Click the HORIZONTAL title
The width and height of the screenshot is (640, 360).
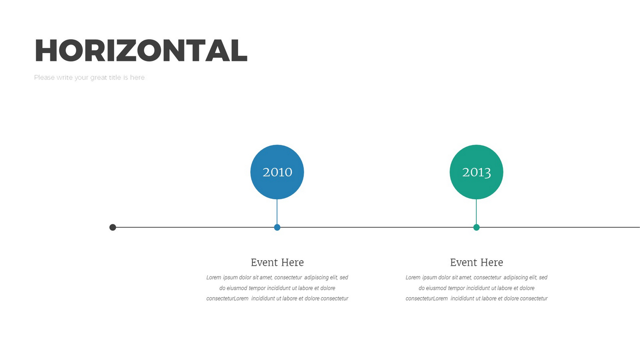click(x=141, y=50)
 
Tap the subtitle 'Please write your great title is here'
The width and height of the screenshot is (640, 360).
click(x=89, y=78)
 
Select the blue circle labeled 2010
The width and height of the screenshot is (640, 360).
click(x=277, y=172)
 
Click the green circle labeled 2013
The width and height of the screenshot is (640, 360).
click(x=476, y=172)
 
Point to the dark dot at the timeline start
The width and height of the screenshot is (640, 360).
click(x=113, y=227)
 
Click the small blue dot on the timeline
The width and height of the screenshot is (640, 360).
click(x=277, y=227)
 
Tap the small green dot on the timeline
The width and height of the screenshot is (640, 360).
click(x=476, y=227)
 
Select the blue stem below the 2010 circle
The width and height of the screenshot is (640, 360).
click(x=277, y=212)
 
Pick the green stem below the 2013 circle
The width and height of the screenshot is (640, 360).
click(x=476, y=212)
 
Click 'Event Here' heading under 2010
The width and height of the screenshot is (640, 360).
click(x=277, y=262)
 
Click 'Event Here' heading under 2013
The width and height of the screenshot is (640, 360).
click(x=476, y=262)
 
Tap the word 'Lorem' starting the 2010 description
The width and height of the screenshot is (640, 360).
click(x=214, y=277)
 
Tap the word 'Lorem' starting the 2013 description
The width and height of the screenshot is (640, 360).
click(x=413, y=277)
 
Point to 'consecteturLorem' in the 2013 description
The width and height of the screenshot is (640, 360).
click(x=427, y=299)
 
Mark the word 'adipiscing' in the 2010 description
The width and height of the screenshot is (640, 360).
click(x=316, y=277)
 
